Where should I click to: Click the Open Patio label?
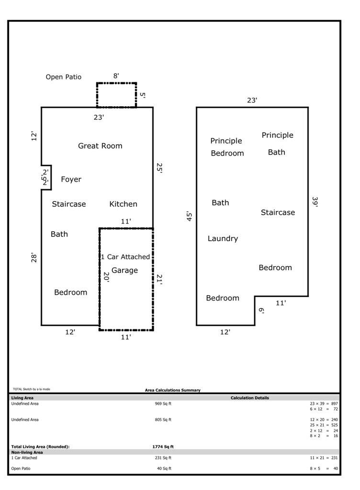point(63,77)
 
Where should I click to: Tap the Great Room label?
point(100,146)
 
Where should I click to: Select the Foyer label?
point(71,179)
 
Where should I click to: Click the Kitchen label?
point(123,204)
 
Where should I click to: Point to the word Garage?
point(124,270)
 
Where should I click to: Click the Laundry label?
point(223,238)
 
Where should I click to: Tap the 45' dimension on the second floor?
point(190,216)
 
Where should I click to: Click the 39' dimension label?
point(315,201)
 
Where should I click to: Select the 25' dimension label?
point(159,168)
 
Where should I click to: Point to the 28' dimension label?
point(34,258)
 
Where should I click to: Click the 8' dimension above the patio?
point(116,76)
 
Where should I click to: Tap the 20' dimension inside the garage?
point(106,278)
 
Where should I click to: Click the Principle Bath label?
point(277,144)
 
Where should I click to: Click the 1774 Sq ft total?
point(163,446)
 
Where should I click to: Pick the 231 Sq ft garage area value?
point(163,458)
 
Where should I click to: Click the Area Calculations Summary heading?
point(173,390)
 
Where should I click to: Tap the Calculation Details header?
point(249,398)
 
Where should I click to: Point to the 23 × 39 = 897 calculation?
point(324,403)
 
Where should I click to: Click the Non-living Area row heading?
point(27,452)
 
